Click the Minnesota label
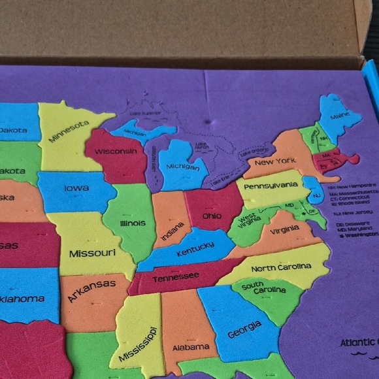point(69,131)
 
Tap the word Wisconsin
point(116,152)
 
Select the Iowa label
point(76,188)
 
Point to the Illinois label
point(133,223)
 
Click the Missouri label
point(92,253)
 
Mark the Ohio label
point(212,216)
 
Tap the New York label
point(275,161)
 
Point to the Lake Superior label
point(144,114)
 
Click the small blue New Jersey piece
point(316,195)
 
